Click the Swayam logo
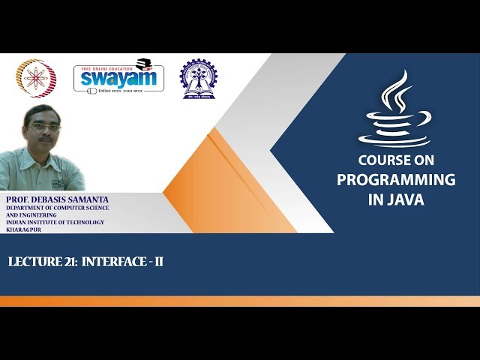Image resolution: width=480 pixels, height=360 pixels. [x=118, y=78]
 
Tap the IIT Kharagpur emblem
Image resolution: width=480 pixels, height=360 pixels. [x=197, y=79]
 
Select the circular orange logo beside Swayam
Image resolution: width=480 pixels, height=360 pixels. [x=35, y=79]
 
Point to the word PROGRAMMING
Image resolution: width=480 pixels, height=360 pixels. [x=396, y=180]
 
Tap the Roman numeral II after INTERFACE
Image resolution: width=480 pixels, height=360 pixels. [x=158, y=262]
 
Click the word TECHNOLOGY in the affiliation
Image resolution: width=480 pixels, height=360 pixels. [x=80, y=222]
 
